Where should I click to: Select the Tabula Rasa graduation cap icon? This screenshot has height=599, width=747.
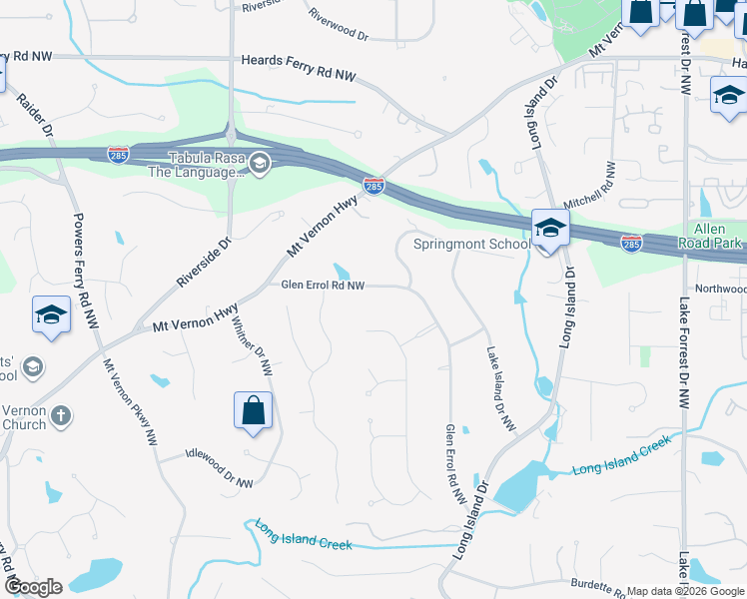(259, 163)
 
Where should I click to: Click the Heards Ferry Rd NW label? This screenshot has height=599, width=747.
(299, 75)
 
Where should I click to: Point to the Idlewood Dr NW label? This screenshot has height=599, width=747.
(220, 469)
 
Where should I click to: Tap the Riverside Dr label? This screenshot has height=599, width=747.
(204, 262)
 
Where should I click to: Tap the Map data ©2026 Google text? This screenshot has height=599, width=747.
(685, 591)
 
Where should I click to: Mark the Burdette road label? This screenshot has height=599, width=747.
(598, 587)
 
